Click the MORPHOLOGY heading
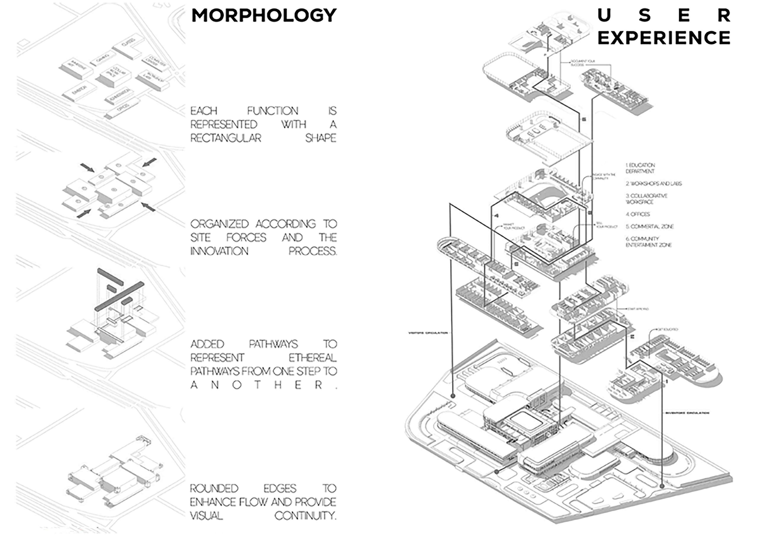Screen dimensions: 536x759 pyautogui.click(x=264, y=16)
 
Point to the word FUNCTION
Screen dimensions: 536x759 pyautogui.click(x=272, y=111)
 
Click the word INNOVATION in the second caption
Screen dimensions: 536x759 pyautogui.click(x=219, y=251)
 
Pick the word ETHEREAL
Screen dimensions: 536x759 pyautogui.click(x=312, y=358)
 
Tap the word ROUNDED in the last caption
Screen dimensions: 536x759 pyautogui.click(x=214, y=488)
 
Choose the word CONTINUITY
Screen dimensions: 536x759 pyautogui.click(x=305, y=516)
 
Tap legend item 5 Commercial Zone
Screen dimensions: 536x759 pyautogui.click(x=649, y=227)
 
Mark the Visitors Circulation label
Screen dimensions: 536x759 pyautogui.click(x=428, y=333)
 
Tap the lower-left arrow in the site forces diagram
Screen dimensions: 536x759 pyautogui.click(x=84, y=214)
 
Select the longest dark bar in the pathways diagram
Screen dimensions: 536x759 pyautogui.click(x=119, y=297)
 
